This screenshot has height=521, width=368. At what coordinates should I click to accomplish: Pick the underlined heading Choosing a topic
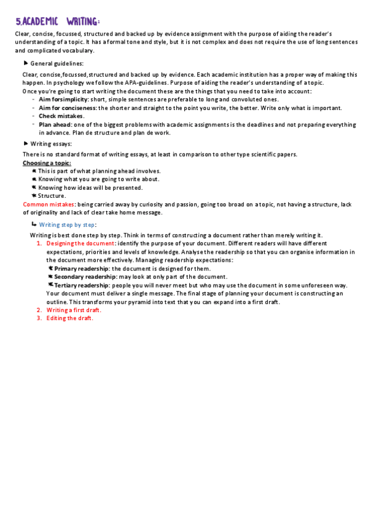pyautogui.click(x=47, y=163)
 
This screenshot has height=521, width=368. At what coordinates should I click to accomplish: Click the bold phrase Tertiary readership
pyautogui.click(x=82, y=285)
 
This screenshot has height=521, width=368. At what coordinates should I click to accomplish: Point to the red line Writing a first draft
pyautogui.click(x=74, y=310)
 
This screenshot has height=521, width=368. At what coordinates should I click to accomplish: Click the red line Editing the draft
pyautogui.click(x=69, y=318)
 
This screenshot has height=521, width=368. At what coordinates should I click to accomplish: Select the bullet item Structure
pyautogui.click(x=52, y=195)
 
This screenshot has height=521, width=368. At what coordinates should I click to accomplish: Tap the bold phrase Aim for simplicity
pyautogui.click(x=63, y=99)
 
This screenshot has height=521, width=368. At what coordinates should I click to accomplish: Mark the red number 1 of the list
pyautogui.click(x=39, y=243)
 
